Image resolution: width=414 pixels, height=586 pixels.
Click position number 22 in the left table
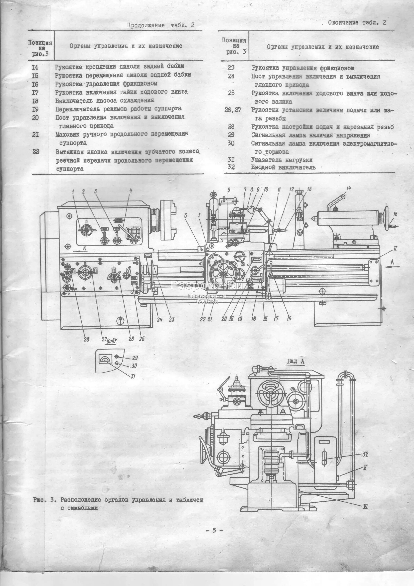pos(36,151)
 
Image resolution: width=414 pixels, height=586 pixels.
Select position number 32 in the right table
pos(231,167)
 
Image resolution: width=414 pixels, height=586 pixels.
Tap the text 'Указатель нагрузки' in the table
pos(282,160)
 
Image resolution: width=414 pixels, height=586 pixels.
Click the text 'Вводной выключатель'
pos(283,167)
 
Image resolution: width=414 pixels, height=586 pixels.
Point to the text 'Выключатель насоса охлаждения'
pos(105,100)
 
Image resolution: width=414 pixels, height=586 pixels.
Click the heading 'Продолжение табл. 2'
pos(161,25)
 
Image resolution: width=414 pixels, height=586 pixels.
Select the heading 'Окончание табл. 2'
pos(357,22)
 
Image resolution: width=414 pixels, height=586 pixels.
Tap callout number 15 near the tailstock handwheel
pos(395,214)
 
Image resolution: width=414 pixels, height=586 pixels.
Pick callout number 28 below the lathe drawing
pos(86,339)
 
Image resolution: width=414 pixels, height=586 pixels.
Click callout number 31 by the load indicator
pos(133,376)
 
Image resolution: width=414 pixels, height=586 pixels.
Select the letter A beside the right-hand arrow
pos(392,262)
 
